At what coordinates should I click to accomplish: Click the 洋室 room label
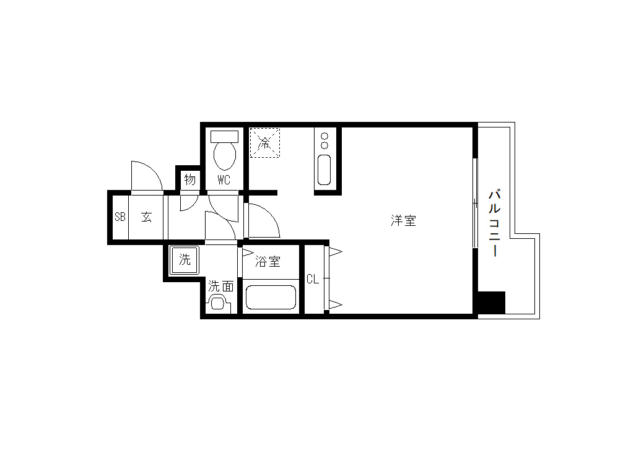click(x=403, y=221)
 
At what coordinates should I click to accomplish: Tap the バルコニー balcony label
click(x=495, y=223)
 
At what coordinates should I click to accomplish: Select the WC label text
click(x=224, y=180)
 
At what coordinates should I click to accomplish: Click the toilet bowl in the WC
click(x=225, y=157)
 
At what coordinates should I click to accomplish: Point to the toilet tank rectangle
click(x=224, y=137)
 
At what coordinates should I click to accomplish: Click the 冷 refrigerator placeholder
click(x=265, y=143)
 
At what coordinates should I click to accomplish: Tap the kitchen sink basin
click(x=324, y=170)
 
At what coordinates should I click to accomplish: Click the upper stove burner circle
click(x=324, y=136)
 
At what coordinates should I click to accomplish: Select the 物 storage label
click(x=189, y=179)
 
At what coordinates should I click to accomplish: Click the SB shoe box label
click(x=120, y=217)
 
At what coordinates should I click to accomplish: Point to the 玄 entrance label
click(x=147, y=217)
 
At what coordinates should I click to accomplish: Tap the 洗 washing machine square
click(x=185, y=261)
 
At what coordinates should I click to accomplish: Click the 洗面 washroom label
click(x=221, y=286)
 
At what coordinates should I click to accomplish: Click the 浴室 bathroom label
click(x=268, y=262)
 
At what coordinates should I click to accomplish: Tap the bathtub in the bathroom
click(x=271, y=297)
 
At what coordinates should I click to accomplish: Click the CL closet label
click(x=313, y=279)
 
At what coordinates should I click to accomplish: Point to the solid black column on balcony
click(x=492, y=303)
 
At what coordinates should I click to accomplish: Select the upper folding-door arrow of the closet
click(x=335, y=252)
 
